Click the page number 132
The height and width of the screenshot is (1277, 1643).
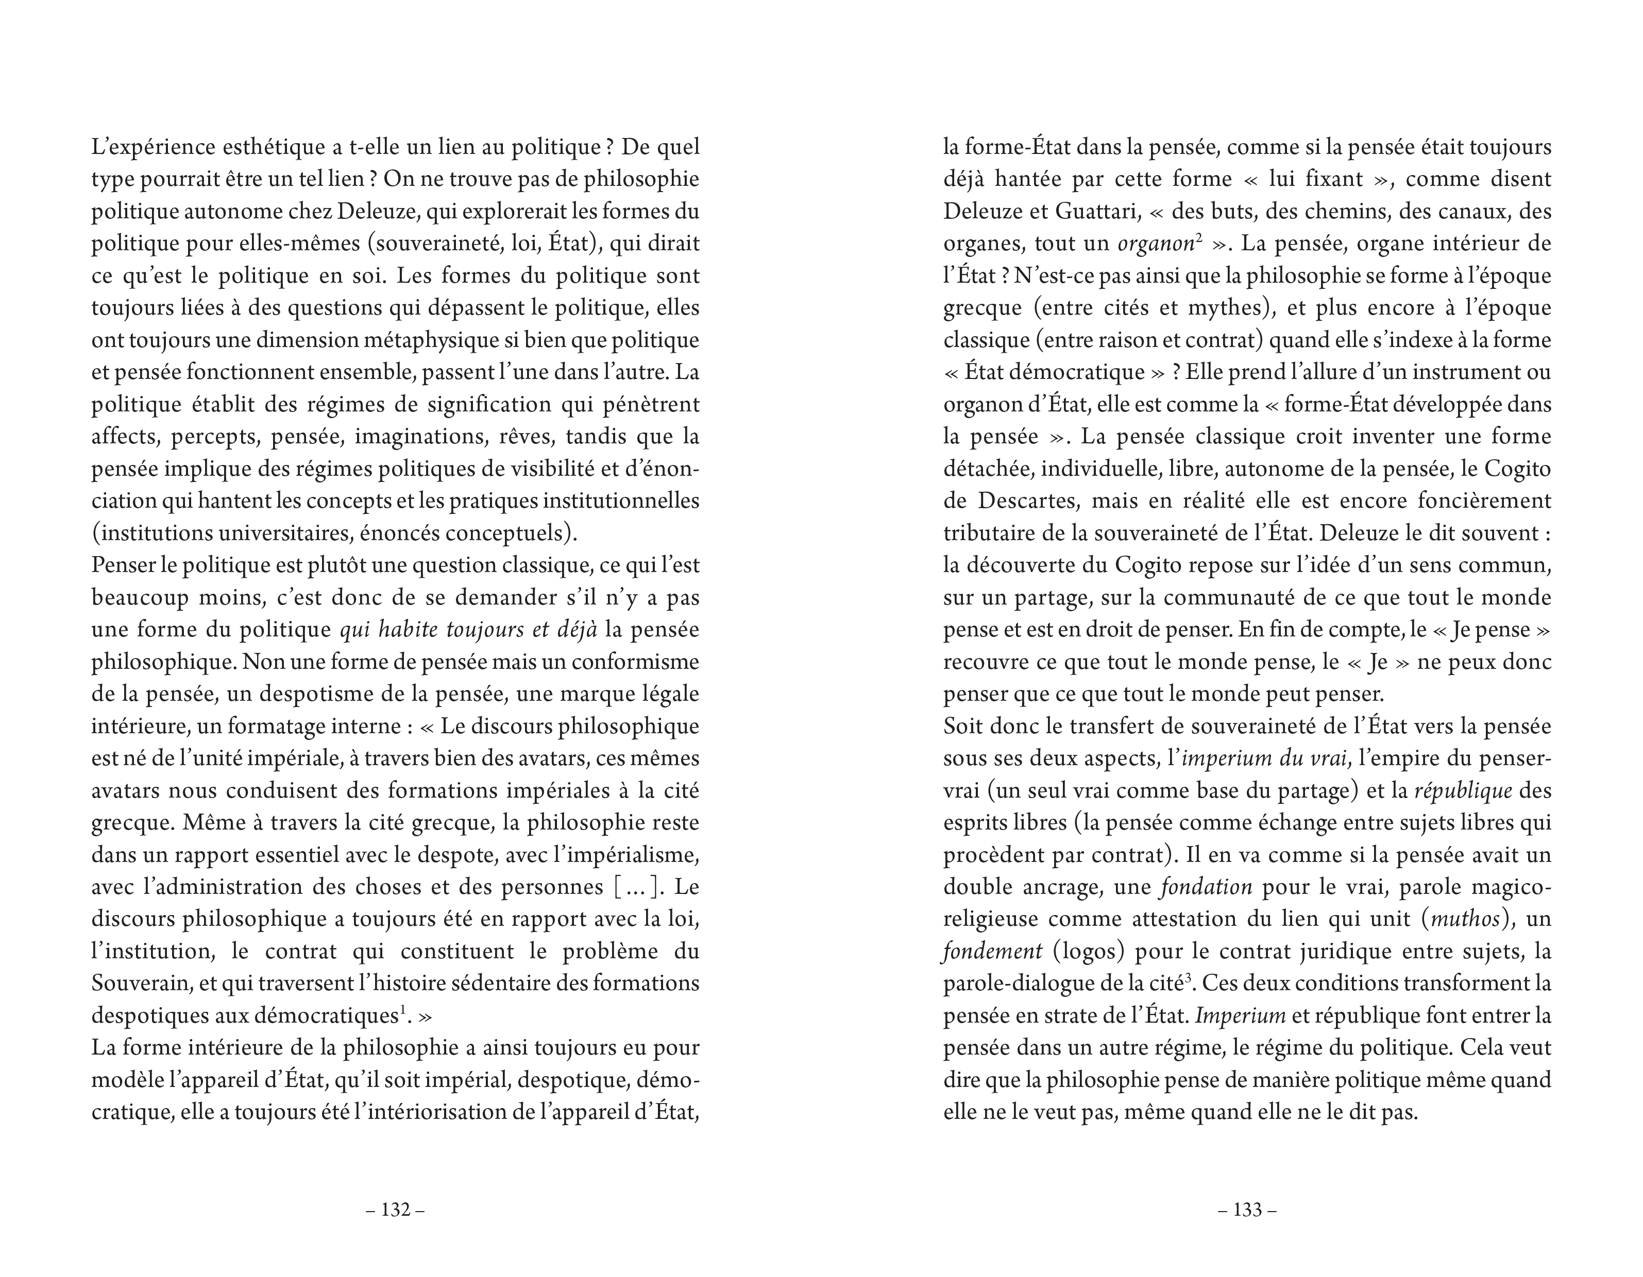click(396, 1210)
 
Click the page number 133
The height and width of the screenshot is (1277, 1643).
click(1247, 1210)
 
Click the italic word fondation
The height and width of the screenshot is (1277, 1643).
click(1207, 887)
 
